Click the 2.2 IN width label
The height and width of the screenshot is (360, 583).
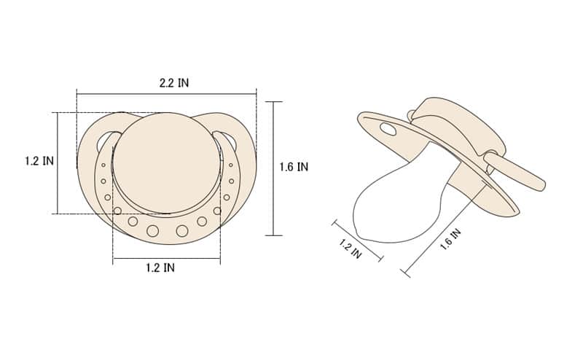pyautogui.click(x=173, y=83)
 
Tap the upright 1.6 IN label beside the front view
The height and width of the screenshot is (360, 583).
pyautogui.click(x=294, y=167)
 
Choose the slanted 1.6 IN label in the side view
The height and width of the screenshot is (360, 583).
pyautogui.click(x=450, y=240)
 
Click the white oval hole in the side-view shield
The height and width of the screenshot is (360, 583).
pyautogui.click(x=388, y=130)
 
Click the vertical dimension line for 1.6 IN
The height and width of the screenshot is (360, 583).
pyautogui.click(x=273, y=168)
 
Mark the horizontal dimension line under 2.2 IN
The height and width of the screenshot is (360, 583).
pyautogui.click(x=166, y=93)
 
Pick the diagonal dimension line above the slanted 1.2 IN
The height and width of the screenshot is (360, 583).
pyautogui.click(x=358, y=239)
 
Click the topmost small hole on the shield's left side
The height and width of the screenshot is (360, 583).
pyautogui.click(x=103, y=165)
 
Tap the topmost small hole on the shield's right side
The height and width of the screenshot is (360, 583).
pyautogui.click(x=231, y=165)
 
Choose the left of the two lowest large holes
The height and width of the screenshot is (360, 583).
pyautogui.click(x=152, y=231)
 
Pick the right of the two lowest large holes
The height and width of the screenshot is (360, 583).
pyautogui.click(x=182, y=231)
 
